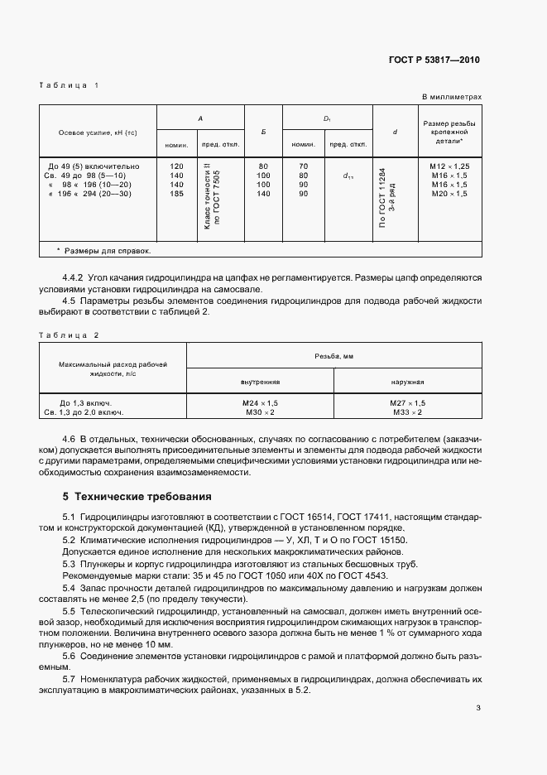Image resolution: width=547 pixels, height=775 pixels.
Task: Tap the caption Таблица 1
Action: (69, 86)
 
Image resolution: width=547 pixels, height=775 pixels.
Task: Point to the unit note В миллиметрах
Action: (451, 97)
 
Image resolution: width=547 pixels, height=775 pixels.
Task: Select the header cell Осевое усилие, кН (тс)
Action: (97, 132)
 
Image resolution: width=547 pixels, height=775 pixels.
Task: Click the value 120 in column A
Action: (176, 166)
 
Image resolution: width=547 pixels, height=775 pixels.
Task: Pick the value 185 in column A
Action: (176, 193)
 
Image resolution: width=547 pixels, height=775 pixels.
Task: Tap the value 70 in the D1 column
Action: (303, 166)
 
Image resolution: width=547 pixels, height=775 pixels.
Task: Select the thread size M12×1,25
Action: (449, 166)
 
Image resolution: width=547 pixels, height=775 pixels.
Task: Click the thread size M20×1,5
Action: (449, 193)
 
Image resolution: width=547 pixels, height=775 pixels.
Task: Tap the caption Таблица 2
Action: (69, 335)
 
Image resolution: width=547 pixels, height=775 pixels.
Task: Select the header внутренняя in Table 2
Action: (260, 382)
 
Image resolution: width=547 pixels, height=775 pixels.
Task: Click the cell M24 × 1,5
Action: (260, 402)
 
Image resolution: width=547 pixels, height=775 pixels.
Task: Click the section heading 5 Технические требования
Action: (137, 498)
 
